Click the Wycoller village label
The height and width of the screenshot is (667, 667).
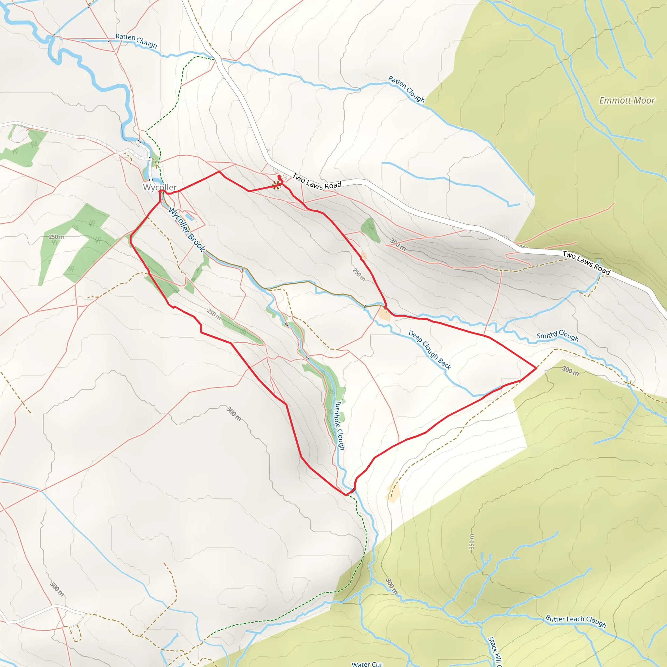[x=160, y=188]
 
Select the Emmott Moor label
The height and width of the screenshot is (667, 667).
[x=627, y=100]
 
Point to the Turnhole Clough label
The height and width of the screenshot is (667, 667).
[x=340, y=425]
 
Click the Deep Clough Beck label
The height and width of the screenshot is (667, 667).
[x=430, y=350]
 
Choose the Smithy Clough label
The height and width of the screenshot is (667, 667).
[x=557, y=335]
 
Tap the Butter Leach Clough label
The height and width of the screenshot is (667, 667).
[x=575, y=621]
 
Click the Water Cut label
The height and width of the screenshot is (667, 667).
[x=367, y=664]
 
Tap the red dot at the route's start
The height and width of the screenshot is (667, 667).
[x=279, y=177]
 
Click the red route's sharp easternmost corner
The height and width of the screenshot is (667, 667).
[x=536, y=368]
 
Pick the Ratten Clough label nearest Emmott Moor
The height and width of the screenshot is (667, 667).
[x=406, y=89]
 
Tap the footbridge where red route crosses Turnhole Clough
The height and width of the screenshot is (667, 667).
[x=352, y=491]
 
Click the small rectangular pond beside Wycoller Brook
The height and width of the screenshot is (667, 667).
[x=189, y=217]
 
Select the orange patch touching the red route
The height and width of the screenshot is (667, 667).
[x=384, y=314]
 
